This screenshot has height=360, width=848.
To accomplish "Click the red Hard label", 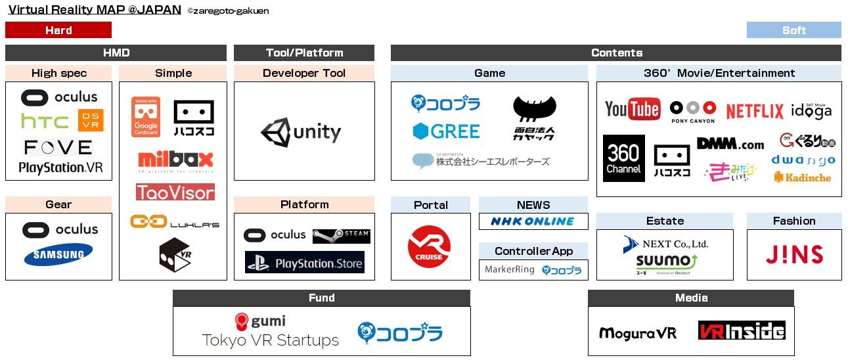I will [58, 30].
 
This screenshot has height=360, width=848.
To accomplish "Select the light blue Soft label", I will [793, 30].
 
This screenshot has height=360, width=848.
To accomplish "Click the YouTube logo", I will [632, 110].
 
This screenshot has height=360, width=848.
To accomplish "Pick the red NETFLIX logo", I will [755, 112].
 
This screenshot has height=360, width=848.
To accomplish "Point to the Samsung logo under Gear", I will [58, 256].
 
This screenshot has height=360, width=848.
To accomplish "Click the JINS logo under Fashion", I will [793, 254].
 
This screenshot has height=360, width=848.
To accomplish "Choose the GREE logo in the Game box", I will [446, 131].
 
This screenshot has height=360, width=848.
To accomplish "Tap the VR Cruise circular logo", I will [429, 247].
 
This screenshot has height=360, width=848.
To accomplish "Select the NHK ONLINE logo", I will [532, 221].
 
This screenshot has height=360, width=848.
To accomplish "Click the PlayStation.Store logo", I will [305, 263].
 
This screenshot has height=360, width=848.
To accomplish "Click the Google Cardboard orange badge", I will [146, 117].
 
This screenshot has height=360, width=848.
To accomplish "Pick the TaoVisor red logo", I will [175, 192].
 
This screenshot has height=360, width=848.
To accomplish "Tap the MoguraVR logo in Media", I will [637, 333].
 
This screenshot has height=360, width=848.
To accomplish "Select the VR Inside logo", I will [742, 330].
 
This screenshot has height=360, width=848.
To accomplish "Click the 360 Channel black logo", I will [623, 158].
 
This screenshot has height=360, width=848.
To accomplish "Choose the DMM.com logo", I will [730, 143].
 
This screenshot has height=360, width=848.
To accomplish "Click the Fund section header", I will [321, 298].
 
